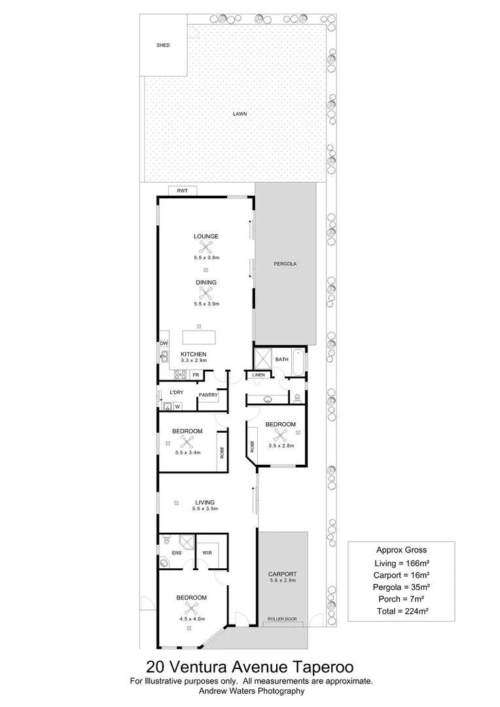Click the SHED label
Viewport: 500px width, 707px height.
coord(163,45)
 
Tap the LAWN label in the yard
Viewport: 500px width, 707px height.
coord(240,114)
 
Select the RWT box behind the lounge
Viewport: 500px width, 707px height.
coord(182,190)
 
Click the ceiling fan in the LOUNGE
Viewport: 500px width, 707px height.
coord(206,247)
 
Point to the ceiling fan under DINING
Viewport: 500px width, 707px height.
coord(206,293)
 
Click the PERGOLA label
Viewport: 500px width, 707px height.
coord(285,264)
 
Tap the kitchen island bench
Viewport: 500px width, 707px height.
coord(199,337)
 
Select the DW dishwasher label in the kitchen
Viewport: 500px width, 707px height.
coord(164,344)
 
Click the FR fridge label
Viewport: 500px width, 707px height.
coord(196,374)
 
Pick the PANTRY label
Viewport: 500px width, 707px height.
coord(208,395)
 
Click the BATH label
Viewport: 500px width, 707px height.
coord(282,359)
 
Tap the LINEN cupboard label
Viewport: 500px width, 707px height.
coord(259,375)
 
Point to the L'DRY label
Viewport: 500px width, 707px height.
coord(176,392)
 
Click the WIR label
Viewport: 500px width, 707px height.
coord(207,553)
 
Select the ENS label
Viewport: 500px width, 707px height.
coord(177,553)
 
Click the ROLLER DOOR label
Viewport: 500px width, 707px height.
coord(282,619)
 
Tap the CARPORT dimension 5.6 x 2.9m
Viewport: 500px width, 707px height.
coord(282,580)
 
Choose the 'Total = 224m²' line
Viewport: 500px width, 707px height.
coord(402,611)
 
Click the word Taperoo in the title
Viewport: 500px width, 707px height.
coord(323,666)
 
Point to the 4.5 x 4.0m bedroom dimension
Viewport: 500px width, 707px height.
coord(192,619)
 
